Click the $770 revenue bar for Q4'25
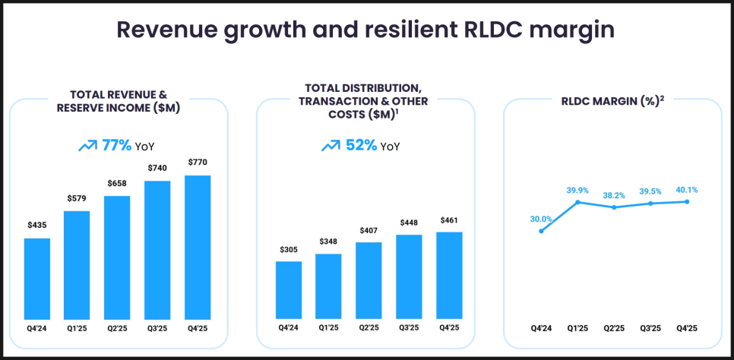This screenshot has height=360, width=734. tap(198, 247)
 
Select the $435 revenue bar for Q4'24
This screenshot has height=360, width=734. tap(37, 278)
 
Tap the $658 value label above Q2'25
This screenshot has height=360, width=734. tap(118, 184)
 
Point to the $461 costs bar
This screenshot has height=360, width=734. tap(449, 274)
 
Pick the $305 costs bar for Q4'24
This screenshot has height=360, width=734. tap(289, 289)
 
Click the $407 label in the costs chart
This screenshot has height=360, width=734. tap(369, 230)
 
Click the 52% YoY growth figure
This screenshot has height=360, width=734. tap(361, 145)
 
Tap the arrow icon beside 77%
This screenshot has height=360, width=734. tap(87, 145)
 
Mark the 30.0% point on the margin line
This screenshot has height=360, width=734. tap(541, 231)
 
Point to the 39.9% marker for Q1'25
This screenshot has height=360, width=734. tap(578, 202)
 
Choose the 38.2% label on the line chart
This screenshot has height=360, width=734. tap(614, 195)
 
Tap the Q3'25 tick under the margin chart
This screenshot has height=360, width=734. tap(651, 329)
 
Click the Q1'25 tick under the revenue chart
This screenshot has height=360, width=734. tap(78, 329)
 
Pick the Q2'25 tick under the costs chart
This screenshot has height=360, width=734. tap(369, 329)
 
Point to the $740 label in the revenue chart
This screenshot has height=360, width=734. tap(158, 169)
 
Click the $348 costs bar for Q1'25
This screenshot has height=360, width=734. tap(328, 286)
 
